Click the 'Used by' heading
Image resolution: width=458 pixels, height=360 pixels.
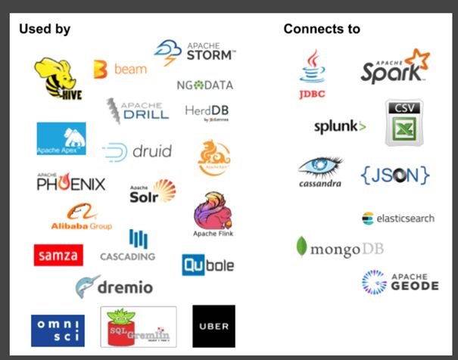[45, 29]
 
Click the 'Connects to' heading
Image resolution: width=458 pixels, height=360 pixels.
[322, 29]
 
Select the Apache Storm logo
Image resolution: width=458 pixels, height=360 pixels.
[195, 53]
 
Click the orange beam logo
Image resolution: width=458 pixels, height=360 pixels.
[120, 70]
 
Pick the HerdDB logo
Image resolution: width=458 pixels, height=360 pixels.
[207, 111]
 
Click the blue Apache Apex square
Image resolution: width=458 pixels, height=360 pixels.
[61, 139]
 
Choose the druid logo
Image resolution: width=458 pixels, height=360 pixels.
[137, 151]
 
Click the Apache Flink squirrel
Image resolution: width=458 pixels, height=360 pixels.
[213, 215]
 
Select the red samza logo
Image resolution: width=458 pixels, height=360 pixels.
[58, 255]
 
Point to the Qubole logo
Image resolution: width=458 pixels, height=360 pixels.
[207, 265]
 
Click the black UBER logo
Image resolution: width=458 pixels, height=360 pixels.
[213, 326]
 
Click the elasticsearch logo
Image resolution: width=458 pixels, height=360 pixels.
[398, 219]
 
